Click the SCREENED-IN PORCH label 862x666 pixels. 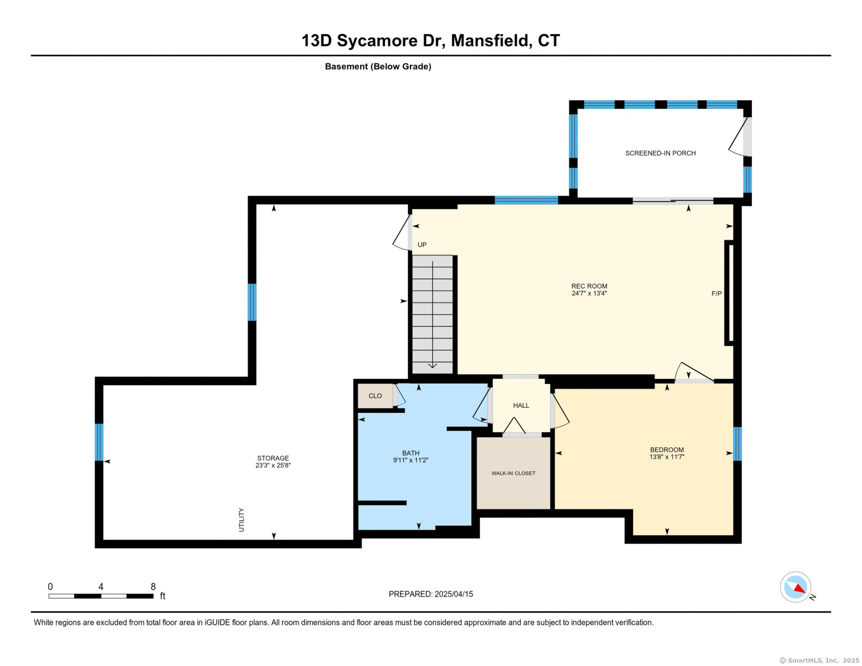pyautogui.click(x=660, y=153)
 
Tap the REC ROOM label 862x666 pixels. pyautogui.click(x=589, y=286)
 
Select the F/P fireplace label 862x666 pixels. pyautogui.click(x=717, y=294)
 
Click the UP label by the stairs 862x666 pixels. pyautogui.click(x=422, y=245)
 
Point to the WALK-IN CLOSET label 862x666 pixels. pyautogui.click(x=513, y=474)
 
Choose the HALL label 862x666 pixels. pyautogui.click(x=521, y=405)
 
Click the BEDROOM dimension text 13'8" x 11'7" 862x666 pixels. pyautogui.click(x=667, y=457)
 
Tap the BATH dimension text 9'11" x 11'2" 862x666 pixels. pyautogui.click(x=410, y=460)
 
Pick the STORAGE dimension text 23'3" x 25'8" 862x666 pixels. pyautogui.click(x=273, y=466)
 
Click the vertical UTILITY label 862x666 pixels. pyautogui.click(x=241, y=520)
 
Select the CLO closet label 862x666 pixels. pyautogui.click(x=375, y=396)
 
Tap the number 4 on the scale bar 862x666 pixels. pyautogui.click(x=101, y=587)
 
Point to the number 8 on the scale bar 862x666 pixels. pyautogui.click(x=153, y=587)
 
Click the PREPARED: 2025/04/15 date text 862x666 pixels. pyautogui.click(x=431, y=594)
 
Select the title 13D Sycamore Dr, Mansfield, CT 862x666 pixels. pyautogui.click(x=431, y=41)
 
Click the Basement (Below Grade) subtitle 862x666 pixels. pyautogui.click(x=378, y=67)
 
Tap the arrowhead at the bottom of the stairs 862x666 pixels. pyautogui.click(x=432, y=365)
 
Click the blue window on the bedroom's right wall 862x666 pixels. pyautogui.click(x=738, y=444)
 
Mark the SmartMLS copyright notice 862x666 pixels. pyautogui.click(x=819, y=661)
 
